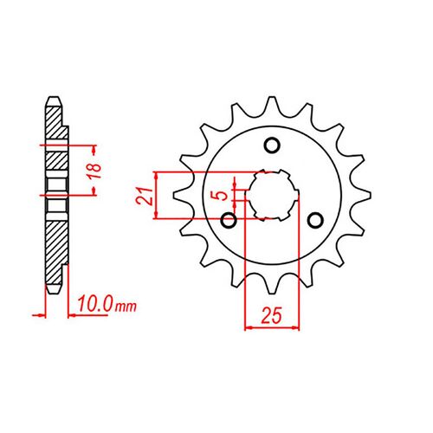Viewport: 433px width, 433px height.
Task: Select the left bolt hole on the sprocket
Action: (229, 221)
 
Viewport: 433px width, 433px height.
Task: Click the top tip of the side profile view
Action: (54, 96)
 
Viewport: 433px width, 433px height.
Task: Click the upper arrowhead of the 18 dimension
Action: (89, 145)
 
